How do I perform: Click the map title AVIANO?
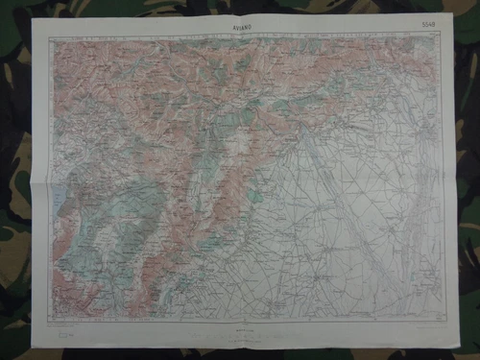240,27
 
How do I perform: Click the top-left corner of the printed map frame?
50,37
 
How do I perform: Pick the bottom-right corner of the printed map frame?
444,318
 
